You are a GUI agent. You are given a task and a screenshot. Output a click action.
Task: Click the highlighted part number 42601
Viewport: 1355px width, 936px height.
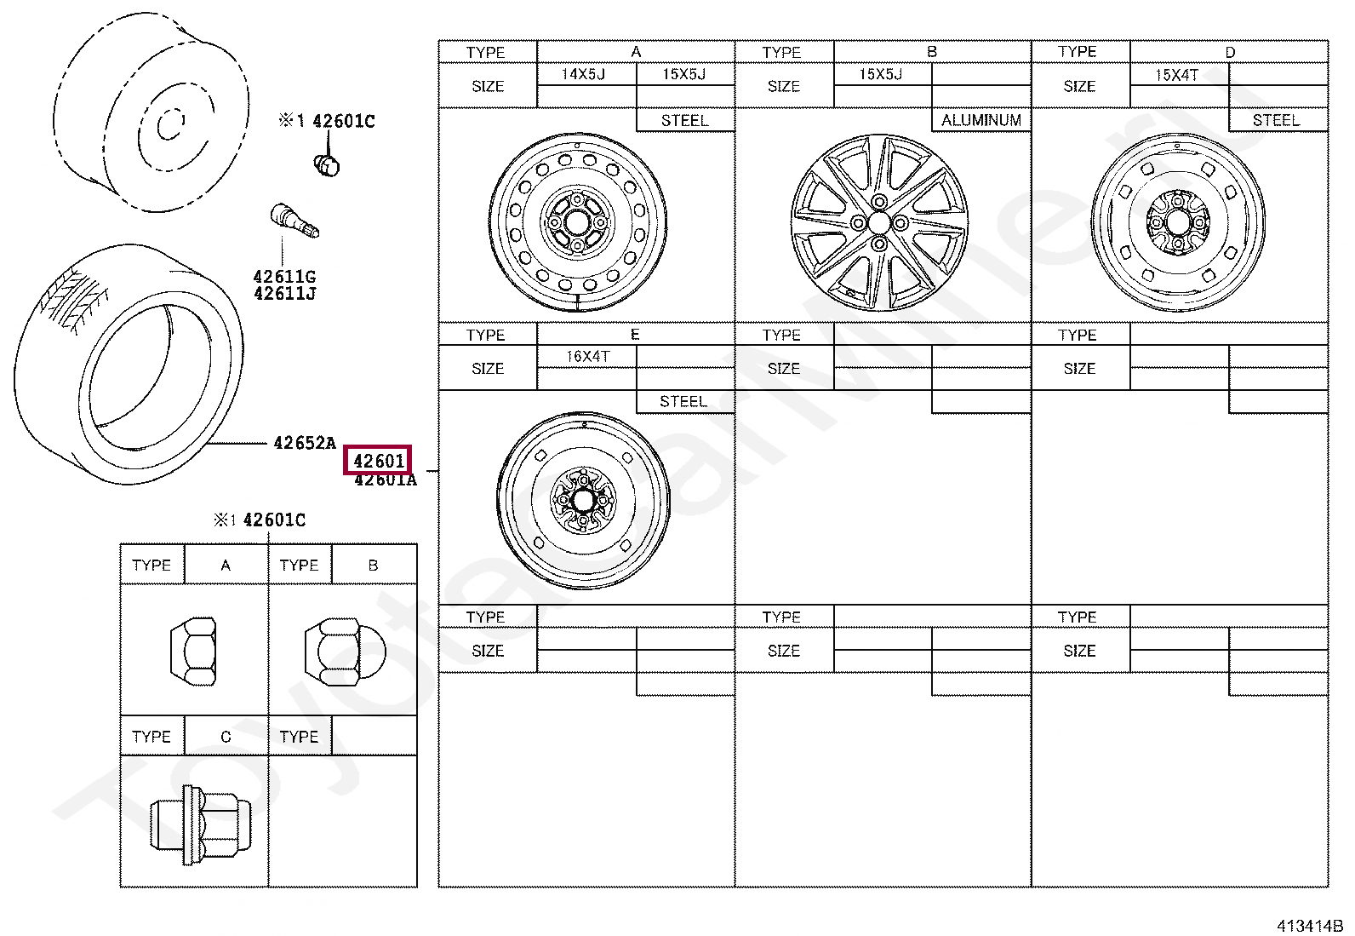tap(378, 461)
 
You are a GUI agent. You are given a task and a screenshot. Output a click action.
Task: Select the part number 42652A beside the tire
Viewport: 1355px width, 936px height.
tap(304, 443)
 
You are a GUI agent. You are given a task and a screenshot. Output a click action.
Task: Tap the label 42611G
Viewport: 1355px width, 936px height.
tap(284, 277)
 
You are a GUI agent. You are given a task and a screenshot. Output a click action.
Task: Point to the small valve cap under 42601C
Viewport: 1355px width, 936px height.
tap(327, 164)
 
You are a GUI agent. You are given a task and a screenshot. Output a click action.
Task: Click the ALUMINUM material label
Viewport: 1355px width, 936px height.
tap(981, 120)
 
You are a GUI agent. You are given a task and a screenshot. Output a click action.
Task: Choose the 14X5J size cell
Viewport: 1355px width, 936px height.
tap(584, 74)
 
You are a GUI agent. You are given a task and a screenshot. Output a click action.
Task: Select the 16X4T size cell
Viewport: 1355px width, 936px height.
tap(588, 356)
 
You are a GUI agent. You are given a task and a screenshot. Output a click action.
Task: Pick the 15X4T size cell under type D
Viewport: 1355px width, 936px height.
tap(1176, 75)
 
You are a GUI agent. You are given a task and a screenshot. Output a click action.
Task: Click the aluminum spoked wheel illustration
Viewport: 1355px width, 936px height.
tap(879, 223)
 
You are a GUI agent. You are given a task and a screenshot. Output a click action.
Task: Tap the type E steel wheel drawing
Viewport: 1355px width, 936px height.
tap(583, 501)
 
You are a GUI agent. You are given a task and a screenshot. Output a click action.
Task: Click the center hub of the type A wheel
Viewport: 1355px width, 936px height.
tap(577, 222)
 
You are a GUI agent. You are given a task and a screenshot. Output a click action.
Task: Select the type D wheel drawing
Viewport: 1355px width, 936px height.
tap(1178, 223)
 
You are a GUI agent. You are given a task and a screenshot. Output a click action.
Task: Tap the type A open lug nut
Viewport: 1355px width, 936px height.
tap(193, 652)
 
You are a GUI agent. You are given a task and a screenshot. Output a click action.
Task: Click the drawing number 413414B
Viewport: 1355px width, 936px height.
tap(1308, 926)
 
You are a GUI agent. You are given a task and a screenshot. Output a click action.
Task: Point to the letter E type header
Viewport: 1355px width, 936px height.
tap(635, 335)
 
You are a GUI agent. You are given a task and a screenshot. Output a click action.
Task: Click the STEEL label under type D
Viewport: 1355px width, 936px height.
tap(1276, 120)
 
